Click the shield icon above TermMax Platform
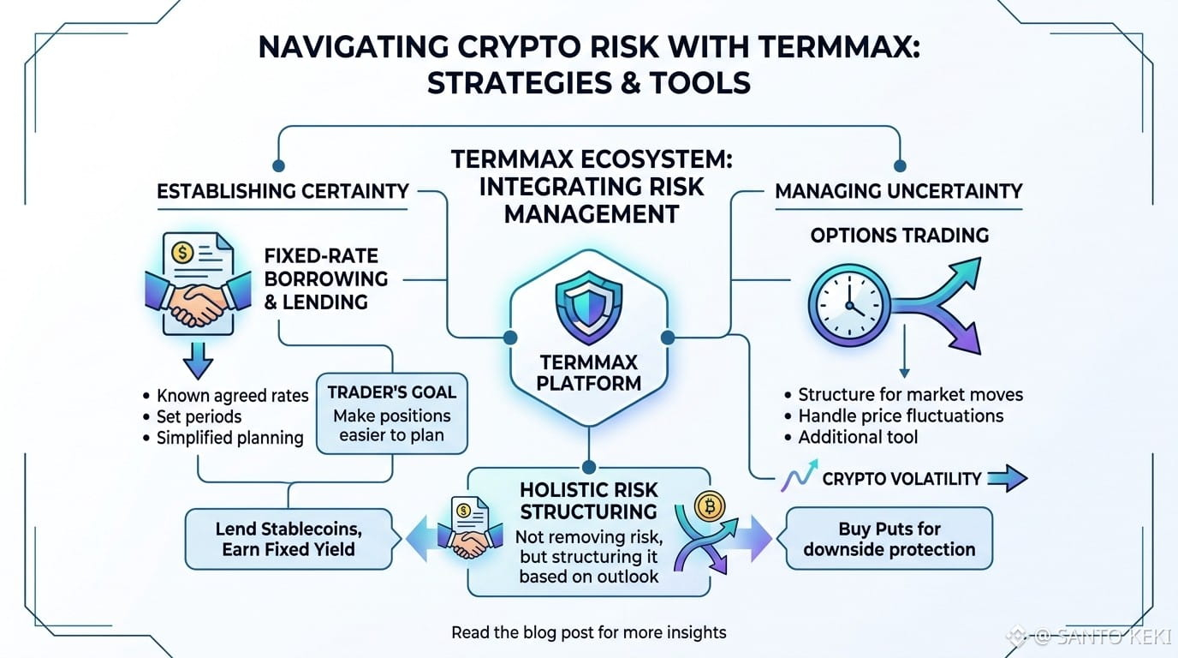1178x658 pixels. tap(588, 308)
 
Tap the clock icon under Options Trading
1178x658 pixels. tap(848, 305)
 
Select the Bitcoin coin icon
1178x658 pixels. tap(710, 507)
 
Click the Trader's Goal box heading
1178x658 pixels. tap(392, 392)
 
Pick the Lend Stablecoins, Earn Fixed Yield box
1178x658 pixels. tap(289, 539)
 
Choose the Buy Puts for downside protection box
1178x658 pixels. tap(889, 539)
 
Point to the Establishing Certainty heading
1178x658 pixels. tap(283, 190)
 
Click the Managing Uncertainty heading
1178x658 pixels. tap(899, 190)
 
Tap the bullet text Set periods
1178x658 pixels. tap(199, 416)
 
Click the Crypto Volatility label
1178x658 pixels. tap(901, 478)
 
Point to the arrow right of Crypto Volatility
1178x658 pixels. tap(1007, 478)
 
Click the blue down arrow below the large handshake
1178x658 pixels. tap(198, 361)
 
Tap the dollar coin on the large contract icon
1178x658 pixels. tap(182, 254)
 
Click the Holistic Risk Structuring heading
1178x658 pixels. tap(588, 500)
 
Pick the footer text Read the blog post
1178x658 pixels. tap(533, 632)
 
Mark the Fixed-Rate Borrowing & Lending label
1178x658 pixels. tap(326, 278)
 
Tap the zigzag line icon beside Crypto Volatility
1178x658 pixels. tap(799, 476)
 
